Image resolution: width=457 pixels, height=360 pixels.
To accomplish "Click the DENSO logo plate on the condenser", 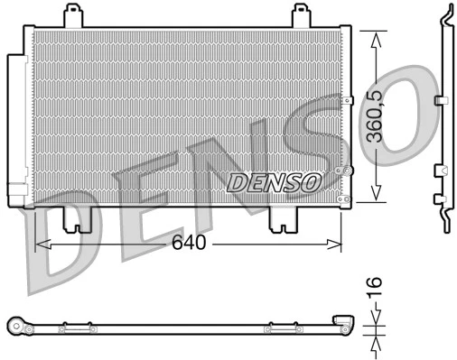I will [x=275, y=182].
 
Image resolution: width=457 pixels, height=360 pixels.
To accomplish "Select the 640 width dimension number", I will [x=190, y=243].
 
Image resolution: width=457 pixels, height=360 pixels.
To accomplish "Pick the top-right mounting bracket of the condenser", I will [x=302, y=16].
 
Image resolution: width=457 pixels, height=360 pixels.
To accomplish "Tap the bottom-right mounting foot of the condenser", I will [x=286, y=218].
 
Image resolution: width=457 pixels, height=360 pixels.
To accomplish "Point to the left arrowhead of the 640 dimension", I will [x=40, y=243].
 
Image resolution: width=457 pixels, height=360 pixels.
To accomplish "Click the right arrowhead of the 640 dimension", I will [x=337, y=243].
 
